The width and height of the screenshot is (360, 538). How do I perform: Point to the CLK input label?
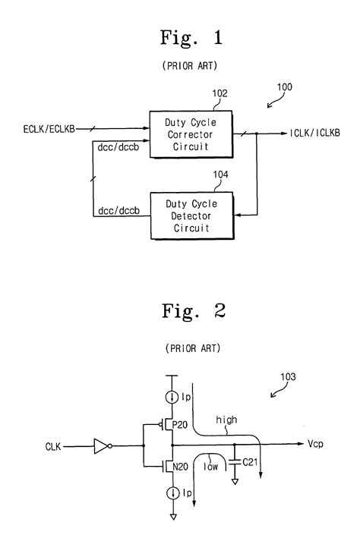[54, 448]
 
